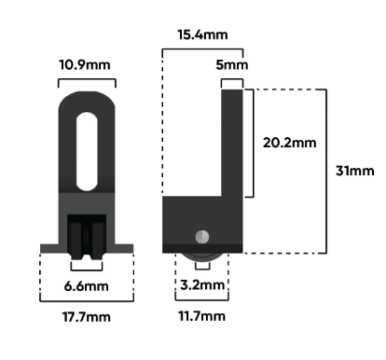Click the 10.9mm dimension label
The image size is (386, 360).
[x=85, y=65]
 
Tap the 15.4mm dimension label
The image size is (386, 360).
[x=202, y=35]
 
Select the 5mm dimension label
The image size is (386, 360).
[x=232, y=65]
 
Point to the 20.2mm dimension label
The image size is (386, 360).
[x=290, y=143]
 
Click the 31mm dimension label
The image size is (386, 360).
[x=355, y=171]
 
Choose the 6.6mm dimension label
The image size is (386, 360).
[x=87, y=286]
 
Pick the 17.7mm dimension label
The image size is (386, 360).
[x=87, y=317]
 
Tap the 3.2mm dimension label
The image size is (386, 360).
[x=202, y=285]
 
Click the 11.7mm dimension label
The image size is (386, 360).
[x=202, y=316]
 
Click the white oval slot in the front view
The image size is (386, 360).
[x=87, y=151]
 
